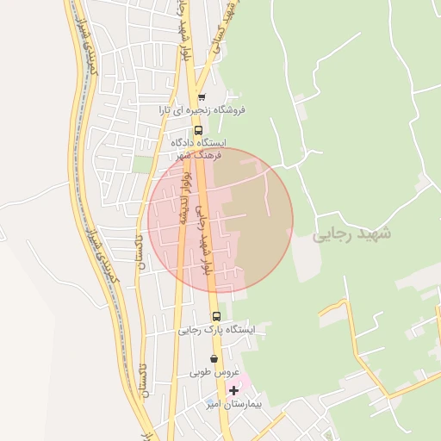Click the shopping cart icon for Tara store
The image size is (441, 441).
click(202, 97)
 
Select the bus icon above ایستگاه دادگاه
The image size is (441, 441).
click(199, 131)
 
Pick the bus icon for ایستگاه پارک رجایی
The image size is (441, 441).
click(216, 316)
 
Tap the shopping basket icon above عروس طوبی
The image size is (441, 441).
click(214, 359)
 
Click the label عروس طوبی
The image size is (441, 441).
click(212, 373)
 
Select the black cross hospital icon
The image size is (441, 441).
click(233, 390)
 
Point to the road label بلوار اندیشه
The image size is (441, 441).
click(183, 197)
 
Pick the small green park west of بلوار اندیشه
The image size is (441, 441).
click(143, 164)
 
